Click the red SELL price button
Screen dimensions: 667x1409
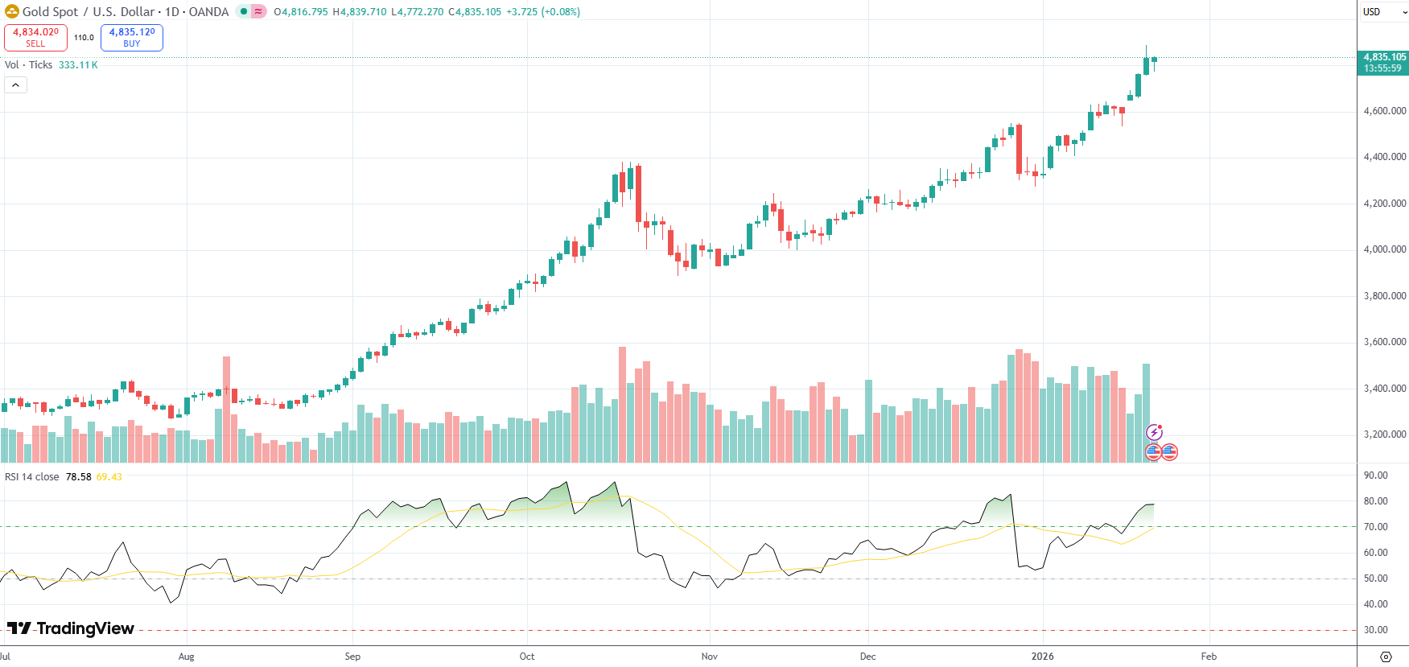(x=35, y=37)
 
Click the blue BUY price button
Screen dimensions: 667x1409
(x=132, y=37)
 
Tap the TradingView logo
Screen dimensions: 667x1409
(x=71, y=628)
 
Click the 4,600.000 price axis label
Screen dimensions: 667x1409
(x=1384, y=111)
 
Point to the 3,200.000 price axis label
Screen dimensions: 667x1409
(x=1384, y=434)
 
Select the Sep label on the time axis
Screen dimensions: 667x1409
(x=352, y=657)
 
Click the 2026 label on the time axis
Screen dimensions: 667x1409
(x=1042, y=657)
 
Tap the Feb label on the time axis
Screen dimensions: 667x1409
(x=1209, y=657)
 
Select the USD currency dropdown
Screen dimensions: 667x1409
(x=1382, y=12)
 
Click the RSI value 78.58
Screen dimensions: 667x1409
(x=78, y=477)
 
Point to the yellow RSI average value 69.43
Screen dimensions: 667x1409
(x=109, y=477)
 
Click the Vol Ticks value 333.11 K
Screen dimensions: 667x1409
(x=78, y=65)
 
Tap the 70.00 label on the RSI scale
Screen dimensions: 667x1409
(x=1375, y=527)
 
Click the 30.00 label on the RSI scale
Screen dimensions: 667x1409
(x=1375, y=630)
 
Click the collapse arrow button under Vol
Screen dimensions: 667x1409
(x=15, y=85)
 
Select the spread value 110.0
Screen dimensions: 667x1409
(x=84, y=38)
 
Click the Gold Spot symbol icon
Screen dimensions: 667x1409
(x=12, y=12)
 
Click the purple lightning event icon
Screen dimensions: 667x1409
(x=1154, y=433)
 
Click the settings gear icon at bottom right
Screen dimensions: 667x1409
(x=1385, y=657)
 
